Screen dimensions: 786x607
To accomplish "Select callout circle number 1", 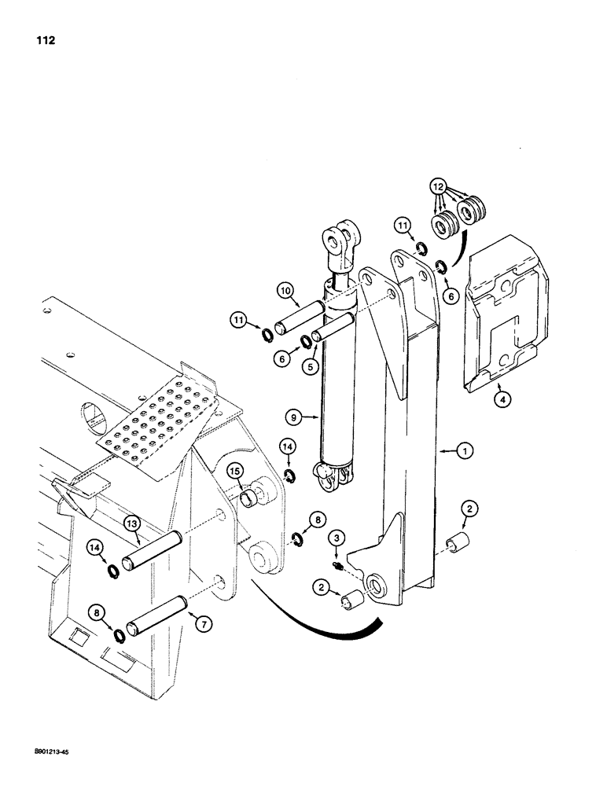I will point(465,451).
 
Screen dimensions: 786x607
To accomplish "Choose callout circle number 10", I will point(286,292).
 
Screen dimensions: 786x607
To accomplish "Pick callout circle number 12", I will point(437,187).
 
